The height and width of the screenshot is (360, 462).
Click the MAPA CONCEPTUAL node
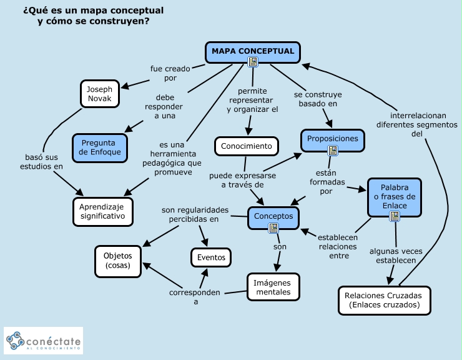click(x=253, y=52)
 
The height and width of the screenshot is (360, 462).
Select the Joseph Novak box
click(x=100, y=94)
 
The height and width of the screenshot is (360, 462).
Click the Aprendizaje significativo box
click(x=103, y=212)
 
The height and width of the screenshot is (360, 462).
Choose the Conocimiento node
click(x=246, y=146)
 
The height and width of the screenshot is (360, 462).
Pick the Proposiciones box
click(x=333, y=139)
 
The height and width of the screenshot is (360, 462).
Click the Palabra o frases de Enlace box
click(x=394, y=197)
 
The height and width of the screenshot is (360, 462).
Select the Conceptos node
click(x=273, y=217)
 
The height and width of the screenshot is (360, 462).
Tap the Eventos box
click(x=211, y=257)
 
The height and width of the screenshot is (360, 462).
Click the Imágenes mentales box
click(x=273, y=287)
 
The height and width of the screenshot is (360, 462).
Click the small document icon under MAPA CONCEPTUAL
click(x=253, y=62)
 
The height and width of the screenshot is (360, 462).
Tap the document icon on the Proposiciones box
click(x=333, y=150)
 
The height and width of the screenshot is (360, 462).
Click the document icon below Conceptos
click(x=273, y=228)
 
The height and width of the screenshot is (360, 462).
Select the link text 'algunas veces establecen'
click(x=396, y=256)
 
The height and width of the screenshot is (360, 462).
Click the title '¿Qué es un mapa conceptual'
click(x=93, y=11)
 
